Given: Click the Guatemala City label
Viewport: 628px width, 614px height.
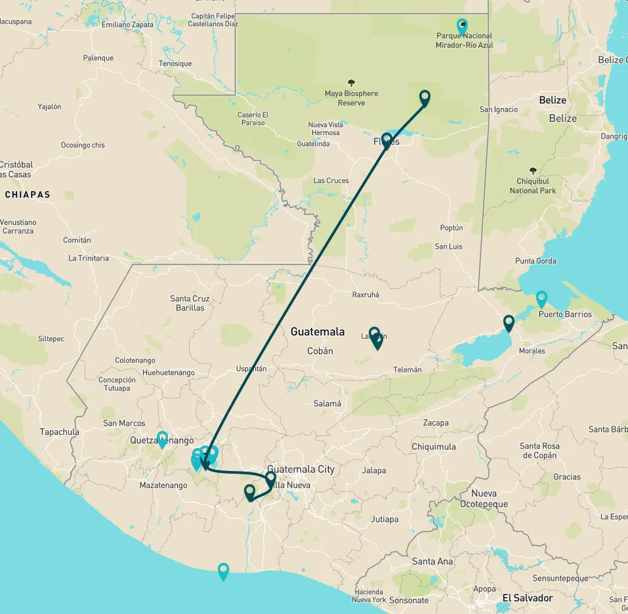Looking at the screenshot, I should (x=301, y=469).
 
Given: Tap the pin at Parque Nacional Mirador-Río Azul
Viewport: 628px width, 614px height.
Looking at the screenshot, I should (x=463, y=27).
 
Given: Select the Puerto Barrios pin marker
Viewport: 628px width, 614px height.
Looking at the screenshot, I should (x=541, y=299).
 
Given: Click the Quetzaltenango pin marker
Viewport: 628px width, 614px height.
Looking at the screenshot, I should (x=162, y=439).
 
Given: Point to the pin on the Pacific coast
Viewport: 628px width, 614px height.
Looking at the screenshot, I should (x=223, y=571).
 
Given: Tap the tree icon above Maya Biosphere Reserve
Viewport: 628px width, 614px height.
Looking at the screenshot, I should (x=351, y=83).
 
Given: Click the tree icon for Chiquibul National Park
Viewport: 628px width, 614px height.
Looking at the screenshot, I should (x=532, y=170).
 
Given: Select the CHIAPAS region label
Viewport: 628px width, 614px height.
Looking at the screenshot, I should (x=28, y=195).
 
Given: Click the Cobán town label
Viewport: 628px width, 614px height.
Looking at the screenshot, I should (x=320, y=351).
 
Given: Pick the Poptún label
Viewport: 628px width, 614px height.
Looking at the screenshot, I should (x=451, y=228).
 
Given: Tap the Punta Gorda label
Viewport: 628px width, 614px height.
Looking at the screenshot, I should (x=535, y=261).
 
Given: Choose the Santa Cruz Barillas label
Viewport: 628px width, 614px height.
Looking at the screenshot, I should (x=190, y=303).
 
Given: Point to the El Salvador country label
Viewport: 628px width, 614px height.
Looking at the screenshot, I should (x=527, y=598).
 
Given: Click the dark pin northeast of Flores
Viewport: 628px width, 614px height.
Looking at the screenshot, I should (x=425, y=98).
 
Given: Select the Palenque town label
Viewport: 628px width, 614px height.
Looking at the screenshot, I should (x=98, y=58).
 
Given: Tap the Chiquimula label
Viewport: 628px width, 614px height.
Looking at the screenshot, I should (x=433, y=447).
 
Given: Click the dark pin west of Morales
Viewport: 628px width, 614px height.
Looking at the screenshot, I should (x=509, y=323).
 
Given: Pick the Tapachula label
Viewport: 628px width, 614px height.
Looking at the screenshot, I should (x=60, y=432).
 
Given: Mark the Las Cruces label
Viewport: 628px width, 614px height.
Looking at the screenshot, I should (x=331, y=180).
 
